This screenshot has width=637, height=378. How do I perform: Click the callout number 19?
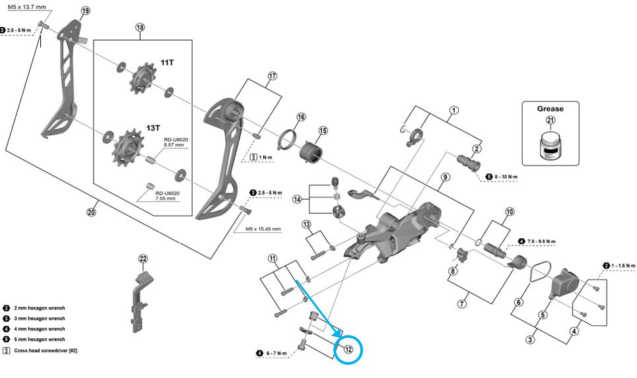(85, 11)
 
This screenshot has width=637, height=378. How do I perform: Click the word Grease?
(550, 109)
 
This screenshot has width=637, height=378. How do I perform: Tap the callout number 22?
(142, 259)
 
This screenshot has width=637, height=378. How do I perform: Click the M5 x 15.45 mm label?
(263, 229)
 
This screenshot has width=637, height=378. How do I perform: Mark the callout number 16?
(301, 117)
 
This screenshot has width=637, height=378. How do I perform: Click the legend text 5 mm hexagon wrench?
(40, 339)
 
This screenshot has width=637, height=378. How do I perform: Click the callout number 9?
(445, 177)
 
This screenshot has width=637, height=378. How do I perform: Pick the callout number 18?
(139, 28)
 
